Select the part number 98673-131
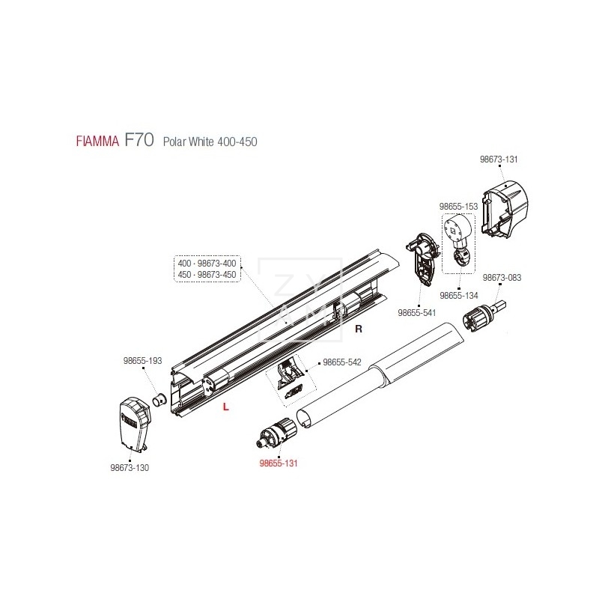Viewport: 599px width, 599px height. point(498,159)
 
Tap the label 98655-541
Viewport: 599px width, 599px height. point(416,312)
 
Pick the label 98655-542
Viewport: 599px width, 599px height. point(341,362)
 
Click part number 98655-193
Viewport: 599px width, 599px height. point(142,360)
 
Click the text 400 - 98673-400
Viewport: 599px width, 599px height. point(207,264)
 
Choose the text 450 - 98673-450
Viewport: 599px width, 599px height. point(207,274)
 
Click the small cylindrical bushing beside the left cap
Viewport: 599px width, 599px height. point(159,399)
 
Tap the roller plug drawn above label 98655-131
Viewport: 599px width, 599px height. point(278,434)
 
